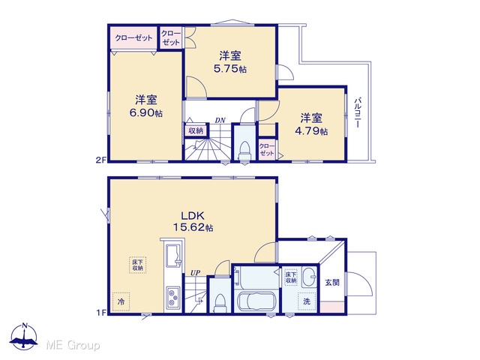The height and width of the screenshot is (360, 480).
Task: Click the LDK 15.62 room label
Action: click(x=193, y=221)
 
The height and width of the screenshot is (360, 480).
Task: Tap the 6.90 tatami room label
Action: click(x=146, y=106)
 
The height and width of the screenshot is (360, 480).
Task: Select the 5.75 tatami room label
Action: click(x=230, y=62)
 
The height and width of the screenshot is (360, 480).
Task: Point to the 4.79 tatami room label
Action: click(x=311, y=124)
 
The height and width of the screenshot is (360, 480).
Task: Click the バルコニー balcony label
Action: click(x=357, y=112)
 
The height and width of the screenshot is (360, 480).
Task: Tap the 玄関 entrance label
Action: click(x=332, y=282)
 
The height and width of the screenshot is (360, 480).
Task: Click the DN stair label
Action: click(x=220, y=120)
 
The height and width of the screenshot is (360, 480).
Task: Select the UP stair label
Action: click(x=195, y=272)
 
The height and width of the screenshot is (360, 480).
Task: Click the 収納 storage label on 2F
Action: click(x=196, y=130)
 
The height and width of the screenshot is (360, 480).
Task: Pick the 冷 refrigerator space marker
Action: click(x=121, y=301)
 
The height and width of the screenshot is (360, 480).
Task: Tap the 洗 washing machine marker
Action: click(x=307, y=301)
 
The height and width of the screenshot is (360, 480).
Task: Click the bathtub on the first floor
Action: click(x=256, y=301)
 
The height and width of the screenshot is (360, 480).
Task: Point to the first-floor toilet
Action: click(x=220, y=303)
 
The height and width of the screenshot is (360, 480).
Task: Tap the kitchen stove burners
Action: click(x=173, y=298)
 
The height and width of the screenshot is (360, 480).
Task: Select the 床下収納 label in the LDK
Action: click(x=137, y=265)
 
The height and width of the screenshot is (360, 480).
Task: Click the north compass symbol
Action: click(x=24, y=337)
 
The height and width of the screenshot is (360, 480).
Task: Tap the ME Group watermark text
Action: click(x=73, y=346)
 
